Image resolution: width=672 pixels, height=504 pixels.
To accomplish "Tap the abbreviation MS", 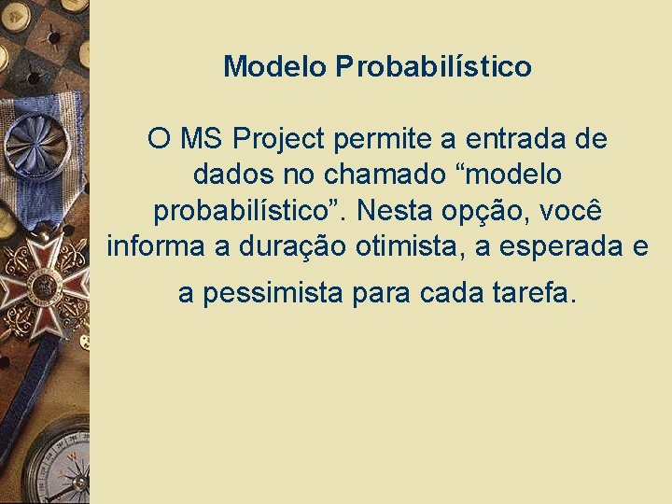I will pyautogui.click(x=202, y=140).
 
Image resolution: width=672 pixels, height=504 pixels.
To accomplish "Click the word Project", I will pyautogui.click(x=278, y=141).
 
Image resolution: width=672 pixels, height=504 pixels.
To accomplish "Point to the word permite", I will pyautogui.click(x=381, y=140).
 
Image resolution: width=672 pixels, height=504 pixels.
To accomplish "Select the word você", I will pyautogui.click(x=575, y=211).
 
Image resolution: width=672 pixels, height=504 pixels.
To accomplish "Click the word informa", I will pyautogui.click(x=157, y=246).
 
